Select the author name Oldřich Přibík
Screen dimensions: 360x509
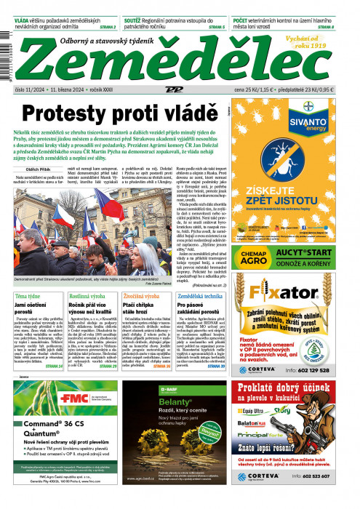click(x=27, y=169)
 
